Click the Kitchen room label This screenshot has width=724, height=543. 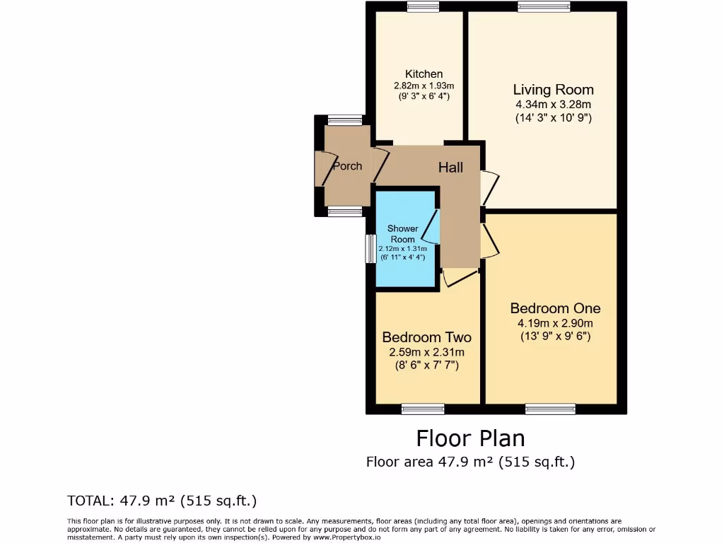tap(424, 74)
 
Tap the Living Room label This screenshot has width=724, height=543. tap(553, 90)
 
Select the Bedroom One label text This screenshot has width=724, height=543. tap(555, 308)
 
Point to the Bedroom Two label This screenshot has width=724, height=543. tap(426, 337)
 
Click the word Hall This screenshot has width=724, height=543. tap(450, 168)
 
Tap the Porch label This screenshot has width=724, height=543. tap(346, 166)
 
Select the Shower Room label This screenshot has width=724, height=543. tap(402, 234)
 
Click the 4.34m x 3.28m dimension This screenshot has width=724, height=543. tap(553, 105)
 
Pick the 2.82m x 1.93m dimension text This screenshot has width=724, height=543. tap(424, 86)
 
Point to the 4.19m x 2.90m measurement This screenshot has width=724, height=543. tap(555, 323)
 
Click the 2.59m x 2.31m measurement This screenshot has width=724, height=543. tap(426, 351)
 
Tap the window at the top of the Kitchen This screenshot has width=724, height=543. tap(423, 7)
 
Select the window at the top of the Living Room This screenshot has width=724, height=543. tap(544, 7)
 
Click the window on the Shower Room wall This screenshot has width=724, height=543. tap(369, 249)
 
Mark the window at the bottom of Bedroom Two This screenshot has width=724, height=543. tap(423, 409)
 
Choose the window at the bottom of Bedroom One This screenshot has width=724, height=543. tap(550, 409)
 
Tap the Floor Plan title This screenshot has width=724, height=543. tap(470, 438)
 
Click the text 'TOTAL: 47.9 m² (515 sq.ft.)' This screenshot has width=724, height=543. tap(162, 501)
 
